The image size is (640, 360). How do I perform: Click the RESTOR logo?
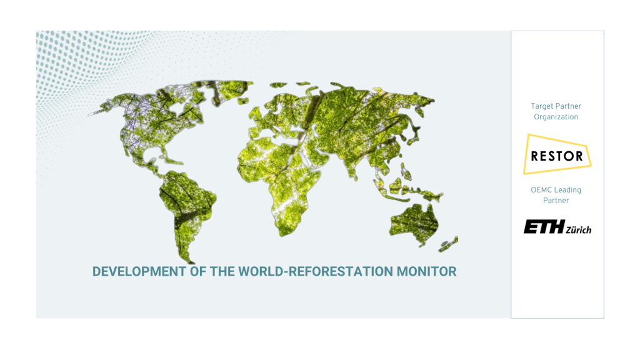pyautogui.click(x=557, y=154)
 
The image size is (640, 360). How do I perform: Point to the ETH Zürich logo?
pyautogui.click(x=557, y=227)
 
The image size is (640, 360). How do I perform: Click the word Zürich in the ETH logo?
pyautogui.click(x=578, y=229)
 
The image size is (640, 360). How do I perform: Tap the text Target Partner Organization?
pyautogui.click(x=556, y=111)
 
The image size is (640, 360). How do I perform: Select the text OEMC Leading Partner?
pyautogui.click(x=556, y=195)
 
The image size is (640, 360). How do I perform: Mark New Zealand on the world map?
pyautogui.click(x=451, y=244)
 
